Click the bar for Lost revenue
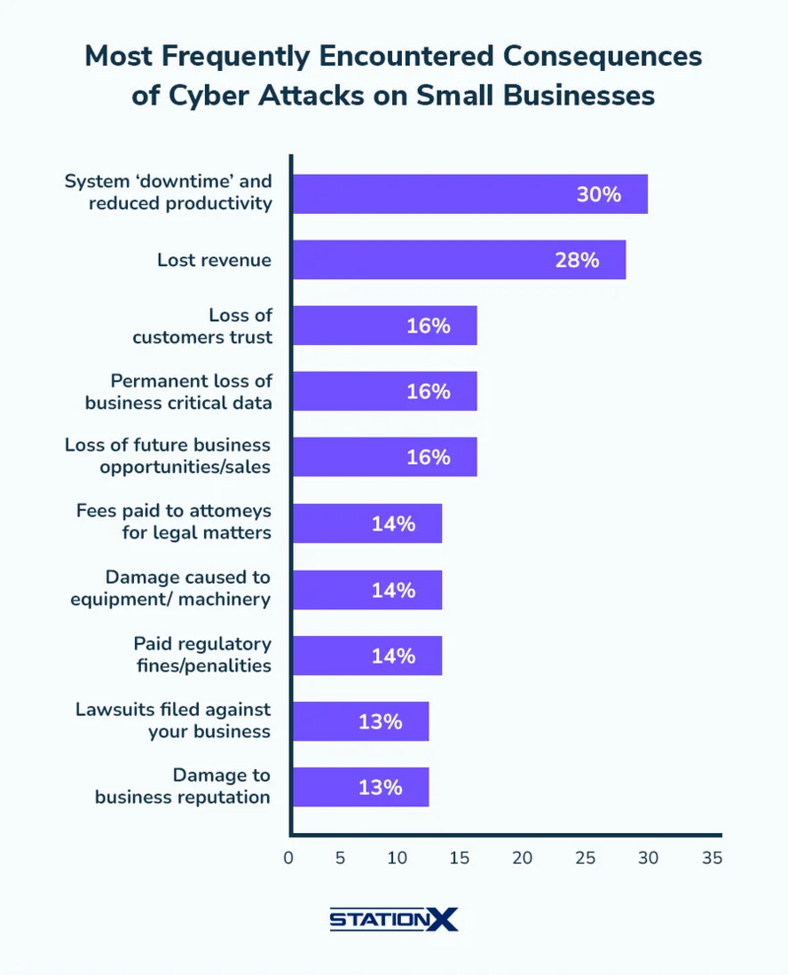coord(459,259)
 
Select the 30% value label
coord(599,194)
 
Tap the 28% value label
coord(576,260)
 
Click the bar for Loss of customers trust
coord(385,325)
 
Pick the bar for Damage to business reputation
coord(361,787)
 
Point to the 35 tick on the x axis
coord(711,858)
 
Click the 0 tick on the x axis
coord(289,858)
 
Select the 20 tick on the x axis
coord(522,858)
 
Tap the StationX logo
coord(394,919)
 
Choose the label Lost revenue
coord(214,260)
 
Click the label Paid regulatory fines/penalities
coord(202,655)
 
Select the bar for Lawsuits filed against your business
coord(361,721)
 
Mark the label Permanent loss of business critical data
coord(178,391)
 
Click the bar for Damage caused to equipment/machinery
coord(366,590)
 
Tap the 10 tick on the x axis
coord(397,858)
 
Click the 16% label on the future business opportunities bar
coord(428,457)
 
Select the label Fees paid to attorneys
coord(173,522)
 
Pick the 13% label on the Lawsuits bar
coord(380,722)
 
